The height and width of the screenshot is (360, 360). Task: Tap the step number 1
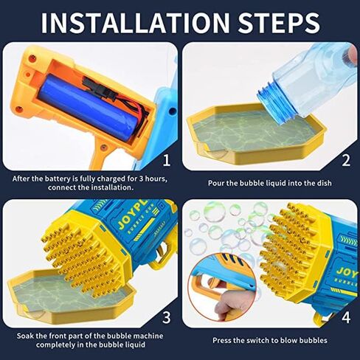pos(167,160)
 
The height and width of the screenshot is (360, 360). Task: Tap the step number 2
pos(346,160)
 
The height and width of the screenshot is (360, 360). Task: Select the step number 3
pos(167,317)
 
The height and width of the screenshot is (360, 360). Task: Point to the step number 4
pos(346,317)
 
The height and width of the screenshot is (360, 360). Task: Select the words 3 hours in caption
pos(153,179)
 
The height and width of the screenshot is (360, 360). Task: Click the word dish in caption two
pos(324,183)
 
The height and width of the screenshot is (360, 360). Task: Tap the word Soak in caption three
pos(25,336)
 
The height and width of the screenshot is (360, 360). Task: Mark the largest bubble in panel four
pos(215,212)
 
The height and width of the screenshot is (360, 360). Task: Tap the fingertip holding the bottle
pos(353,53)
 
